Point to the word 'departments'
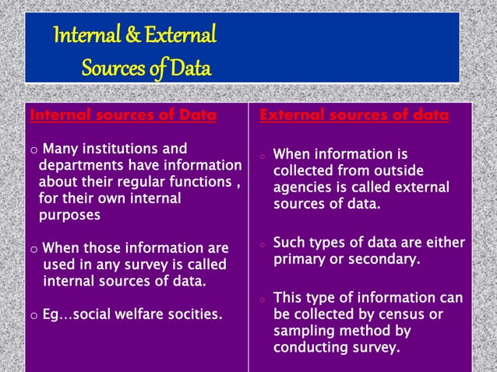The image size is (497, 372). pyautogui.click(x=77, y=166)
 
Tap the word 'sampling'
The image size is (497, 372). pyautogui.click(x=301, y=332)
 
